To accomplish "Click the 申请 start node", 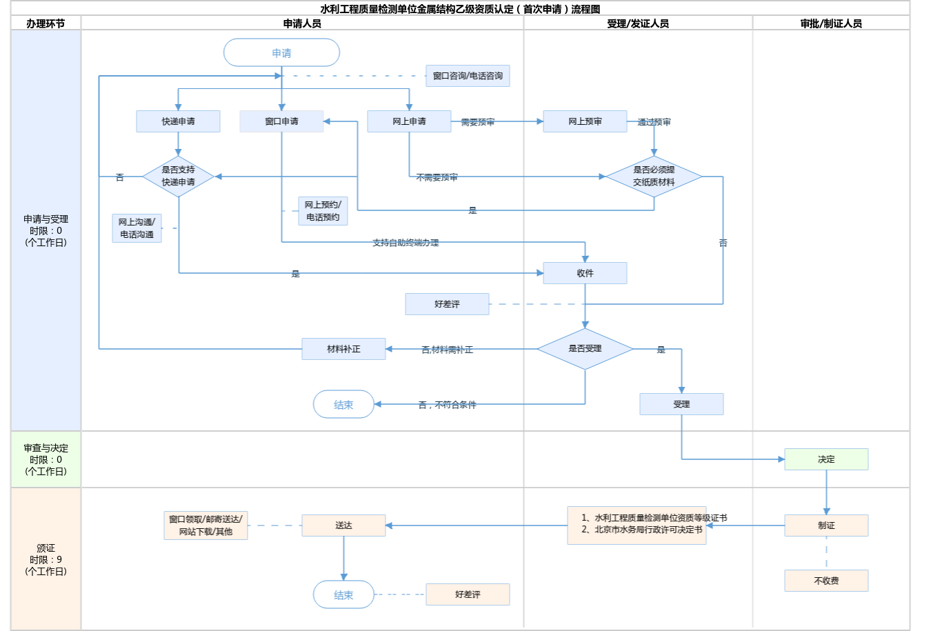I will (x=281, y=53).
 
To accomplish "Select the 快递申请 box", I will (x=178, y=121).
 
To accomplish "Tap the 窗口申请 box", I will (x=281, y=121).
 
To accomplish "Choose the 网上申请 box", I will (x=409, y=121).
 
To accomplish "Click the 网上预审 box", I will (x=585, y=121).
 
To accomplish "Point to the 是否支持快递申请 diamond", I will (x=178, y=177).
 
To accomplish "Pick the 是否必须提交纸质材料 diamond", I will (x=654, y=177).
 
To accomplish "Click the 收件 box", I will (x=585, y=273).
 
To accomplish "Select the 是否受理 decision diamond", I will (x=585, y=349).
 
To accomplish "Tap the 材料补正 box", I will (x=343, y=349).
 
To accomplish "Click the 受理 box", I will (x=681, y=404).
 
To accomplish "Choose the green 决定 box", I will (x=826, y=459).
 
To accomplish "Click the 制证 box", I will (x=826, y=525).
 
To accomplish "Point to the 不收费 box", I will (x=826, y=581).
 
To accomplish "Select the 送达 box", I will (x=343, y=525).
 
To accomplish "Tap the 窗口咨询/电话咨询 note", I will (x=468, y=76).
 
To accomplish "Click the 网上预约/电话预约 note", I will (x=323, y=211).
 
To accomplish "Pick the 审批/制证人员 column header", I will (x=831, y=23).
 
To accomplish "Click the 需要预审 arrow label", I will (x=478, y=122).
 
